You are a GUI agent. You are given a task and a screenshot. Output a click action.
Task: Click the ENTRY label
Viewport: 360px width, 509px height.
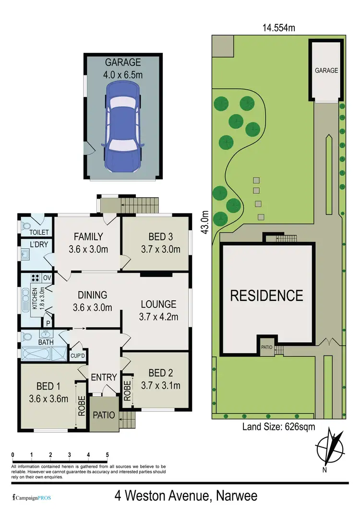tap(104, 377)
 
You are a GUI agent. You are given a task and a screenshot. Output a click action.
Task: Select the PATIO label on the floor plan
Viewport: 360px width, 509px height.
tap(104, 414)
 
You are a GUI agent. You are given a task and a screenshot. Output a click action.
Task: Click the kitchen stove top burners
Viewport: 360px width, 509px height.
tap(35, 277)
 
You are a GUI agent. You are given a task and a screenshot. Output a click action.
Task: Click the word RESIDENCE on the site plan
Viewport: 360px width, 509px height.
tap(267, 295)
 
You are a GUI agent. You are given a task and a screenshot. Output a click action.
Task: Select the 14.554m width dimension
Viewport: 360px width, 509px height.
tap(278, 28)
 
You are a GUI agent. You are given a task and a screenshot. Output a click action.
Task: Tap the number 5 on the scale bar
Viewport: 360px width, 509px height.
tap(107, 455)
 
